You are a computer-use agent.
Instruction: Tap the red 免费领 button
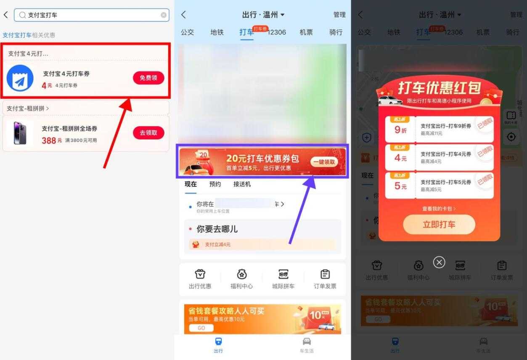click(x=148, y=78)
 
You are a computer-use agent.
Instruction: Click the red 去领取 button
click(x=148, y=132)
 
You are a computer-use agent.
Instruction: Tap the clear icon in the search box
click(x=164, y=15)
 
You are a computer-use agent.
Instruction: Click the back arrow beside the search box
click(x=6, y=15)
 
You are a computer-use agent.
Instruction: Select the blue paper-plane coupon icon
click(x=20, y=78)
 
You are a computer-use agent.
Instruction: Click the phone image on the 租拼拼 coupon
click(x=20, y=133)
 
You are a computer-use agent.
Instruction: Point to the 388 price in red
click(x=49, y=140)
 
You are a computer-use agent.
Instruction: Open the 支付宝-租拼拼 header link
click(x=28, y=109)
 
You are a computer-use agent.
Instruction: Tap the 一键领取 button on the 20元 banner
click(x=324, y=162)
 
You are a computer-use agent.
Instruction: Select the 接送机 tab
click(x=242, y=184)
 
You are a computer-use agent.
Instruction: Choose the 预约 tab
click(x=215, y=184)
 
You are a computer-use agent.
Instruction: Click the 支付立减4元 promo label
click(x=217, y=244)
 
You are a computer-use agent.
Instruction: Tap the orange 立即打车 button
click(x=439, y=225)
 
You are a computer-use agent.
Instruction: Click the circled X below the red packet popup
click(x=439, y=262)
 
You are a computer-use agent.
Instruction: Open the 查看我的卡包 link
click(x=439, y=209)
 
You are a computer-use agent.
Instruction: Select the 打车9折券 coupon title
click(x=446, y=126)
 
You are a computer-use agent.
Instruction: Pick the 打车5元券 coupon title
click(x=446, y=183)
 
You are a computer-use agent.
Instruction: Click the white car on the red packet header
click(x=390, y=100)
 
